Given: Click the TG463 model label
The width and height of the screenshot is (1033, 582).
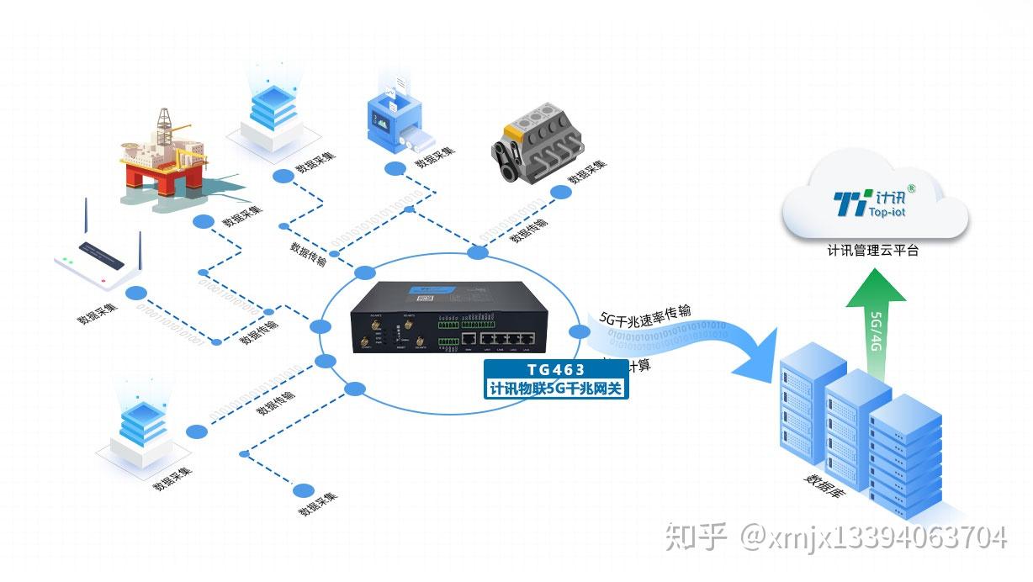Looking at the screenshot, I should click(x=555, y=369).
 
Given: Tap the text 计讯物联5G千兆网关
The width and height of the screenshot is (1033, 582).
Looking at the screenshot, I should click(x=555, y=389).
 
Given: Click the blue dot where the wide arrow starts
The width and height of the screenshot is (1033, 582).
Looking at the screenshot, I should click(x=579, y=331).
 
